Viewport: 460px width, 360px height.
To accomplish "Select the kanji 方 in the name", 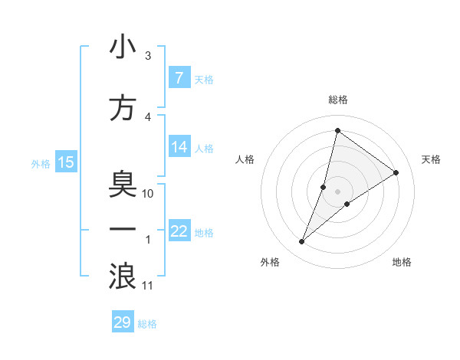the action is click(x=123, y=108).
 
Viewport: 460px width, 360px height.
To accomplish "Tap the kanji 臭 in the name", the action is click(x=123, y=185).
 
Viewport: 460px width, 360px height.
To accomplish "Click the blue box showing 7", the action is click(x=179, y=78).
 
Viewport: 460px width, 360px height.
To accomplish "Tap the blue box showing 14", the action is click(x=179, y=148).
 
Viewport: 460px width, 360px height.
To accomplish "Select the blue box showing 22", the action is click(x=179, y=231).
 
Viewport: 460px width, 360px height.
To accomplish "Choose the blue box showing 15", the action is click(x=66, y=162).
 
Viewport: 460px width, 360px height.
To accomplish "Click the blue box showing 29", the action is click(x=123, y=322).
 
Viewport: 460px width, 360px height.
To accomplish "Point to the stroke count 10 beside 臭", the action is click(x=148, y=194).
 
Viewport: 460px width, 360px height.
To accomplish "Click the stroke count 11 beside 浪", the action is click(x=148, y=286).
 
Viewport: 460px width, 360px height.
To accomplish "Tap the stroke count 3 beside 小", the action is click(x=148, y=56).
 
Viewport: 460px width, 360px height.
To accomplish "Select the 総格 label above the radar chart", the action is click(x=337, y=100).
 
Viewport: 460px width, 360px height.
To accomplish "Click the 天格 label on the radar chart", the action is click(x=431, y=159).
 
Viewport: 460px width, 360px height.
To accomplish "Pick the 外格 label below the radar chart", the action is click(x=270, y=262).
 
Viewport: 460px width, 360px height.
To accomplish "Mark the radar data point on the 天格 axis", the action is click(x=396, y=172).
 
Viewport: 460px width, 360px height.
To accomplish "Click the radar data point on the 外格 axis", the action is click(x=302, y=242).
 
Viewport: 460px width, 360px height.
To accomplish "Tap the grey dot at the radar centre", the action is click(x=337, y=191).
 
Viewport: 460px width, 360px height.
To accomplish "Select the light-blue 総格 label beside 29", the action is click(x=148, y=324).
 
